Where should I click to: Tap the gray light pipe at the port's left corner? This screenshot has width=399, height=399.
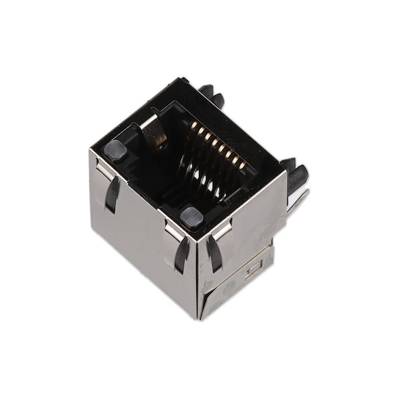click(114, 150)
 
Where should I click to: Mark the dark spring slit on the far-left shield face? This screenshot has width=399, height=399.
click(112, 194)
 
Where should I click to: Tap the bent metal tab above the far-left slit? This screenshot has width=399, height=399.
click(104, 172)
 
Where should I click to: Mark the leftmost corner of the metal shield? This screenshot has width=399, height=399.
click(90, 152)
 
